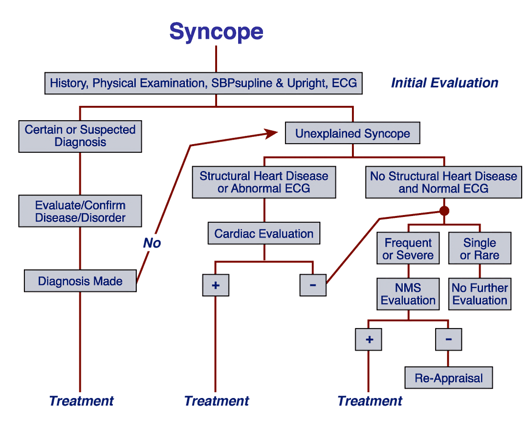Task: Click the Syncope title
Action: coord(216,32)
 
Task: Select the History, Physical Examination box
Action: coord(203,83)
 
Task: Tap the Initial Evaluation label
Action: coord(444,83)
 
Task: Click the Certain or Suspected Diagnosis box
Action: coord(80,136)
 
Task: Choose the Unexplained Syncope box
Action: coord(352,134)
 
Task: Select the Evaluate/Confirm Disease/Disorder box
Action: coord(80,211)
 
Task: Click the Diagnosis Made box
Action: coord(80,281)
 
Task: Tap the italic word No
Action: coord(152,243)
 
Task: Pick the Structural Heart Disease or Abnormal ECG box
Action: coord(264,182)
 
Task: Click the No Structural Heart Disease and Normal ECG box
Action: coord(443,182)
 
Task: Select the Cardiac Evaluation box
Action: coord(264,234)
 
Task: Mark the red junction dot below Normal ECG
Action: coord(444,211)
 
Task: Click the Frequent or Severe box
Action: coord(408,249)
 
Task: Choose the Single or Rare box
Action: coord(480,249)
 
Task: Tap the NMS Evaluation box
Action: coord(408,294)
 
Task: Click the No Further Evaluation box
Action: coord(480,294)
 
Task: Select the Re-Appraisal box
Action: coord(449,378)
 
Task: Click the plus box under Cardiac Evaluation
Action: coord(216,285)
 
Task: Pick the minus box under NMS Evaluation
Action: coord(449,340)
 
